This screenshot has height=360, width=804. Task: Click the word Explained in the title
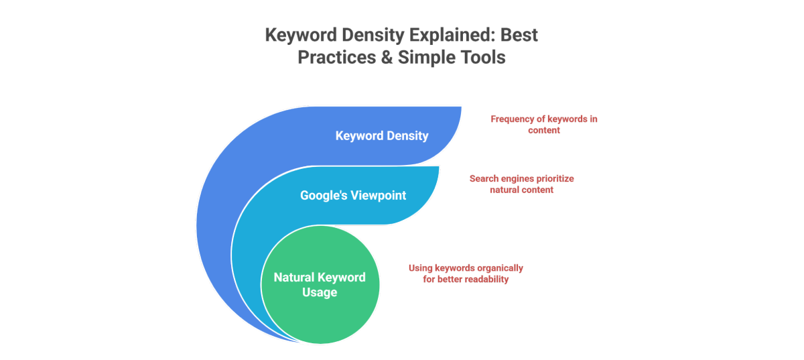coord(451,36)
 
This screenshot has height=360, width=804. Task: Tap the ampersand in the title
coord(387,58)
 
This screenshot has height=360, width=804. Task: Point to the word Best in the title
coord(519,36)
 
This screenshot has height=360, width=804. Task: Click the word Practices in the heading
coord(336,58)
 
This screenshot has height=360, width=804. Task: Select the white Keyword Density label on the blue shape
coord(382,136)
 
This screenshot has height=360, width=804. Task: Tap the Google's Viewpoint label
coord(353,196)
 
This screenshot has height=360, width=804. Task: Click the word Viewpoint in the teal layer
coord(379,196)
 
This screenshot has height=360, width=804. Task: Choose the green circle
coord(320,284)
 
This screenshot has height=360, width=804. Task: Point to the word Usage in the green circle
coord(320,292)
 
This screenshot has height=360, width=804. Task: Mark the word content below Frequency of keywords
coord(544,130)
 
